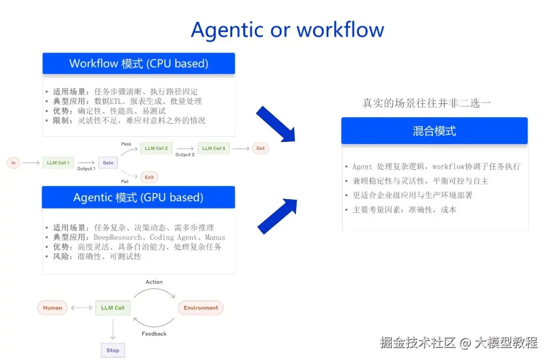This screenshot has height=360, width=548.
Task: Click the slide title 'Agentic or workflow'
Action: (x=287, y=30)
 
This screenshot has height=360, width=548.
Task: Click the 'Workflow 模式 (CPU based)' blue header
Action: (x=139, y=63)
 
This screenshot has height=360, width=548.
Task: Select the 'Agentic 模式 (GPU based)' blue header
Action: (x=139, y=197)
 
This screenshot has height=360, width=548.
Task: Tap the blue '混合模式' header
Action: (x=434, y=131)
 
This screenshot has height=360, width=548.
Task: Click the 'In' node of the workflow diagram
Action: (x=13, y=163)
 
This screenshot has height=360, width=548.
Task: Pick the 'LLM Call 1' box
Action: (x=58, y=163)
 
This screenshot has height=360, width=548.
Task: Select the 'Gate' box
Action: (x=108, y=163)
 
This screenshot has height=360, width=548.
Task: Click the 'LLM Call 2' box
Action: (x=156, y=148)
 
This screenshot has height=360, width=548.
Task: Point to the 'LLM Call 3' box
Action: (x=214, y=148)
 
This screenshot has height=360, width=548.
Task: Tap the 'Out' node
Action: (x=260, y=148)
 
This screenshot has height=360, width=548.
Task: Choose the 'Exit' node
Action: (x=149, y=177)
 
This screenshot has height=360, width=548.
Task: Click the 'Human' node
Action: (x=52, y=308)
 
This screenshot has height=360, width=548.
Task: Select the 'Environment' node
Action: (x=201, y=308)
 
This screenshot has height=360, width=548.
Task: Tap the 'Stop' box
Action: (x=113, y=350)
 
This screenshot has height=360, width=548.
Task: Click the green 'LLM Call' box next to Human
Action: (x=113, y=308)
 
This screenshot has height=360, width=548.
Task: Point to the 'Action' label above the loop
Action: (x=154, y=282)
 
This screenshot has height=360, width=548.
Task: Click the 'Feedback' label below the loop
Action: (x=154, y=334)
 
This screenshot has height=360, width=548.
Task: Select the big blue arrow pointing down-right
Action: (x=276, y=124)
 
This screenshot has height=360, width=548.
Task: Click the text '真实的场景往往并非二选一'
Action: (x=427, y=103)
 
